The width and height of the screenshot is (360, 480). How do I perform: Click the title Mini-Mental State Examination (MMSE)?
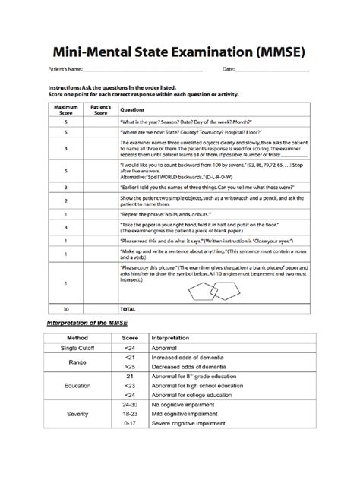pyautogui.click(x=180, y=52)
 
